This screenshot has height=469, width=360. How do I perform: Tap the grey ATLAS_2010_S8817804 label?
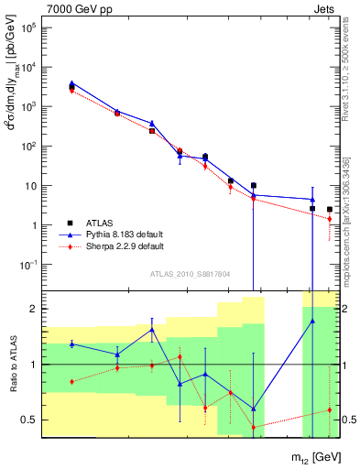[x=189, y=274]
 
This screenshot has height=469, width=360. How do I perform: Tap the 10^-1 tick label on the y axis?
[x=26, y=265]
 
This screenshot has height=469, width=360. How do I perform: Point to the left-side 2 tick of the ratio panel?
[x=33, y=309]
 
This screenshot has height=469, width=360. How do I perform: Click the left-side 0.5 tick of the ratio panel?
[x=29, y=420]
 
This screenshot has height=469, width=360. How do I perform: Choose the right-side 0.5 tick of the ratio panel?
[x=347, y=420]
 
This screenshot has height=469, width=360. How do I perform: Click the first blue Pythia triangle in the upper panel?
[x=71, y=83]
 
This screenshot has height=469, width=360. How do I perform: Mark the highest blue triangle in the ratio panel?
[x=312, y=321]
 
